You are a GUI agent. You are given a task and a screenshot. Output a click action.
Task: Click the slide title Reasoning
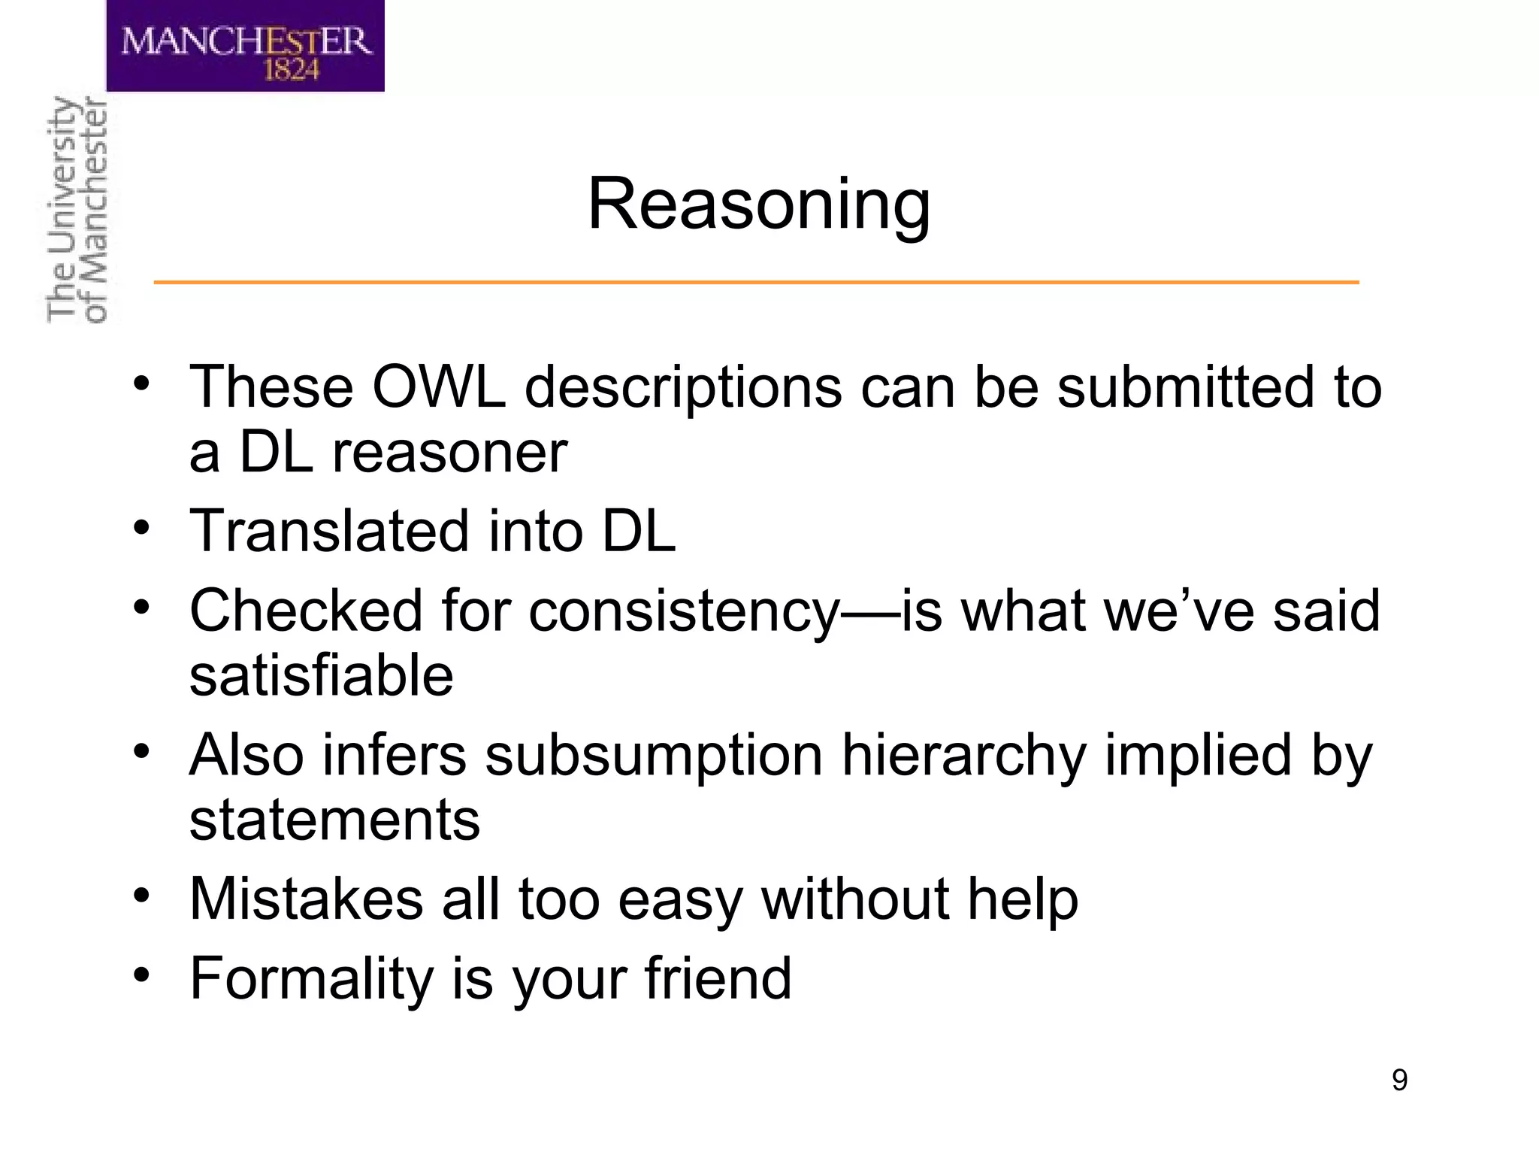point(758,205)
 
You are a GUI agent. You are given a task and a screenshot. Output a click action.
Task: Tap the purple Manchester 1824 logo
point(245,47)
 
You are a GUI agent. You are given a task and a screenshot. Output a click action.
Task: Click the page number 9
point(1399,1080)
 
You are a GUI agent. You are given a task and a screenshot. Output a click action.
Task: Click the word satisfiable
point(321,675)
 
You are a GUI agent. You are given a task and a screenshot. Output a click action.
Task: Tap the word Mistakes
point(306,899)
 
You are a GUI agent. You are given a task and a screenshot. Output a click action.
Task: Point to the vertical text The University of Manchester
point(77,211)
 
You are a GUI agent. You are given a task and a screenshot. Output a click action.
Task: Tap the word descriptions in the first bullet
point(683,388)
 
